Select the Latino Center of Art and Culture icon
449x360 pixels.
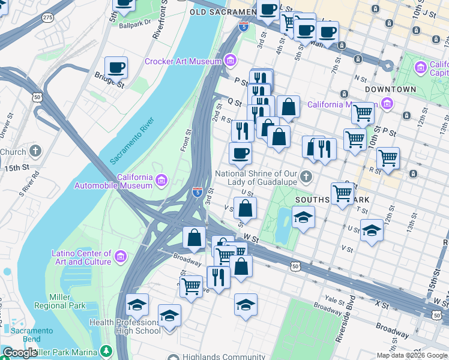pyautogui.click(x=121, y=257)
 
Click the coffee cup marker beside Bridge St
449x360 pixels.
pyautogui.click(x=116, y=68)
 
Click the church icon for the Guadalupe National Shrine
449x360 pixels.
pyautogui.click(x=306, y=177)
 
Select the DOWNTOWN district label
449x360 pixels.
pyautogui.click(x=390, y=89)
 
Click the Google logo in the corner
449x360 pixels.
pyautogui.click(x=20, y=353)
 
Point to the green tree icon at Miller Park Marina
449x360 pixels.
pyautogui.click(x=106, y=350)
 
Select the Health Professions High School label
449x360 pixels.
pyautogui.click(x=125, y=326)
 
